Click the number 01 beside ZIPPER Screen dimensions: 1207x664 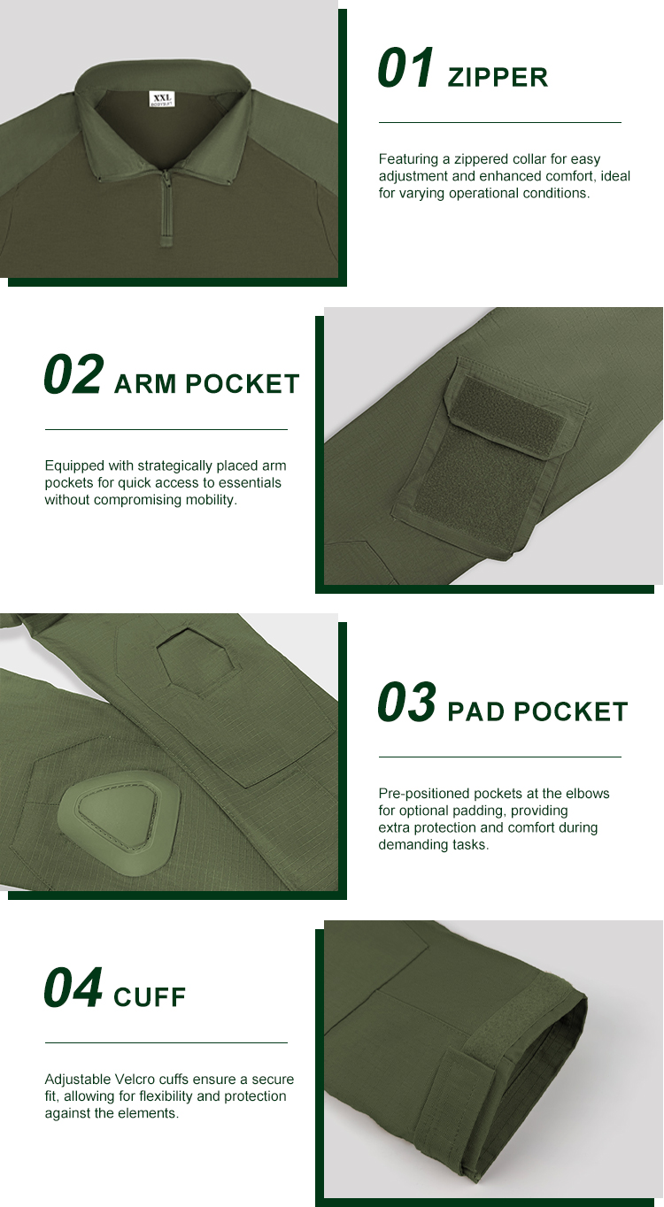[x=406, y=69]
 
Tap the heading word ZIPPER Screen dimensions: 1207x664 [x=498, y=78]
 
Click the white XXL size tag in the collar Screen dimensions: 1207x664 [x=161, y=98]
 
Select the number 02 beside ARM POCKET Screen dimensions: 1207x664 [x=73, y=374]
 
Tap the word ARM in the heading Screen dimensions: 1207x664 [x=145, y=384]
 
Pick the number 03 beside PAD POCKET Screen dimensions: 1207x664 [x=407, y=703]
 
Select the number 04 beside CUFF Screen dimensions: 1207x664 [x=73, y=988]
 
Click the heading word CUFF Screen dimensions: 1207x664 [x=150, y=998]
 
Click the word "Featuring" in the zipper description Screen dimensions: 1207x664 [x=408, y=159]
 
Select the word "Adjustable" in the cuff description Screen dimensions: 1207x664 [x=78, y=1080]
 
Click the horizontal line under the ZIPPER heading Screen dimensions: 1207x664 [x=499, y=122]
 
